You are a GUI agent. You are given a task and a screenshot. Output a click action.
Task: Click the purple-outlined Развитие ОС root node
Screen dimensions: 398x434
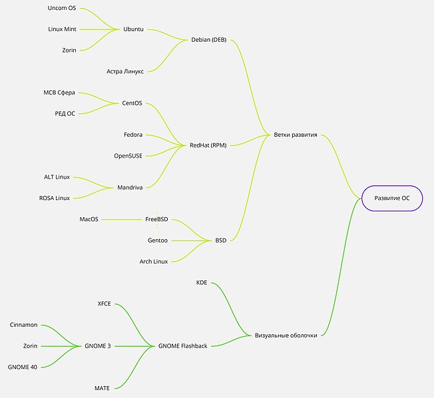coord(391,198)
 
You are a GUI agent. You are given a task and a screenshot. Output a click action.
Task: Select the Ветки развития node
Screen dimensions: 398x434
coord(296,136)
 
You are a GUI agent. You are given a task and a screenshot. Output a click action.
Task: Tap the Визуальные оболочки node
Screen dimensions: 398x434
coord(286,335)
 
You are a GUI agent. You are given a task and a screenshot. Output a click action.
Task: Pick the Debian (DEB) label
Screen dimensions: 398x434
coord(208,39)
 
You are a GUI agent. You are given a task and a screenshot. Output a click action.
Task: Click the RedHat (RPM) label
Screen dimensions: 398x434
coord(208,145)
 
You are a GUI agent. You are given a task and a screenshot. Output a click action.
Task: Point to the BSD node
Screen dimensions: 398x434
coord(220,240)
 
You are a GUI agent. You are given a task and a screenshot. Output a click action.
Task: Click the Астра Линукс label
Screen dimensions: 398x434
coord(124,71)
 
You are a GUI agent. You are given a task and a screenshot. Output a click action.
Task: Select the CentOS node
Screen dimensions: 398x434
coord(133,103)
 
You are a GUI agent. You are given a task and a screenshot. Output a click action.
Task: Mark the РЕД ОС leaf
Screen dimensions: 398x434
coord(65,114)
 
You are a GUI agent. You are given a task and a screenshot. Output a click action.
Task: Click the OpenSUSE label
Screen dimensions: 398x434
coord(128,155)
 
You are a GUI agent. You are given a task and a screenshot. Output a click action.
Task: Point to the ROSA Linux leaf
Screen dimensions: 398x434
coord(54,198)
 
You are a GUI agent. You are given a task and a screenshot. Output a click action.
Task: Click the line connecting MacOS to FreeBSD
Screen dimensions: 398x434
coord(123,219)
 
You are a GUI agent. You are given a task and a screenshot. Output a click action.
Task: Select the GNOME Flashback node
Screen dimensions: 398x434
coord(182,346)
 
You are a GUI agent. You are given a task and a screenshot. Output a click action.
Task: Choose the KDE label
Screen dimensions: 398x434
coord(202,282)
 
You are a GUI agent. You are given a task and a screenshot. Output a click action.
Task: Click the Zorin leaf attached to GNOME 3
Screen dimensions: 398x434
coord(30,346)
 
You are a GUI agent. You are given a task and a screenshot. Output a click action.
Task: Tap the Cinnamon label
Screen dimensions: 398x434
coord(24,325)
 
